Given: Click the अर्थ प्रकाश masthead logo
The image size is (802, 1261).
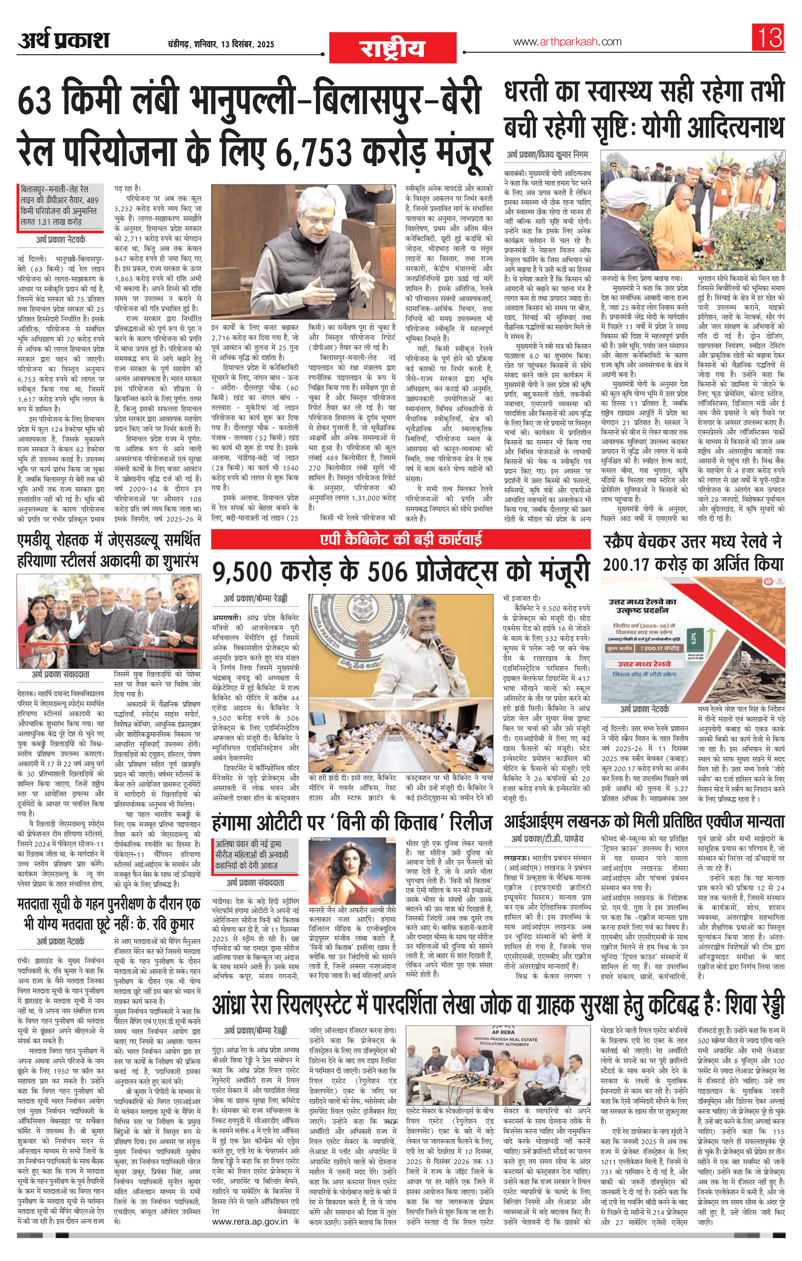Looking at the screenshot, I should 63,40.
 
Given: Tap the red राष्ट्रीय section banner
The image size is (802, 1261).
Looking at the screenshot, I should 391,47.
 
